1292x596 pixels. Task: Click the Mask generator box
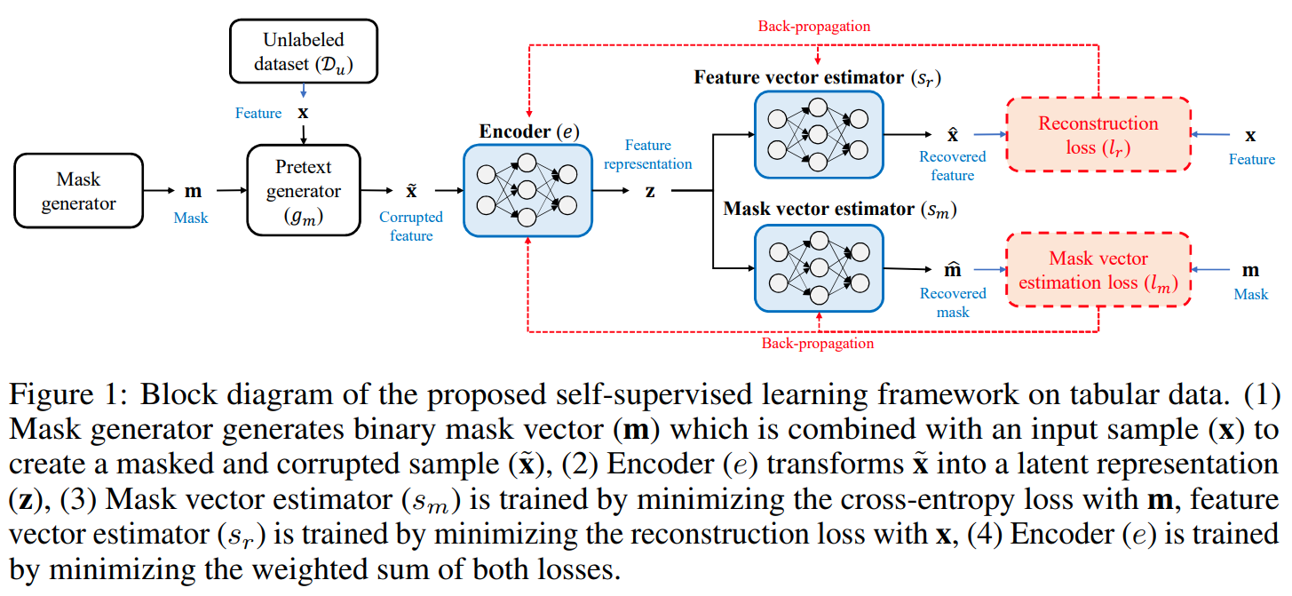point(78,191)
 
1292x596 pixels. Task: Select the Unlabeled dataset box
point(303,52)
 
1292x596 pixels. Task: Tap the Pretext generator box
point(304,191)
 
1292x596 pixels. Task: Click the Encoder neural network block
point(527,191)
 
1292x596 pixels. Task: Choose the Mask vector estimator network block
point(818,267)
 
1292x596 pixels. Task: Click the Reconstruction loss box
point(1098,135)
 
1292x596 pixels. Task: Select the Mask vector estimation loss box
point(1098,270)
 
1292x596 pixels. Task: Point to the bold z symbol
point(650,191)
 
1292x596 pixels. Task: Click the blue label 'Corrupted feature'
point(411,226)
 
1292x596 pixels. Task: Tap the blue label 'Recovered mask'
point(953,302)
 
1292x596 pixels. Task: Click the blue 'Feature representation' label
point(648,154)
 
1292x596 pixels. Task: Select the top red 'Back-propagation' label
point(813,27)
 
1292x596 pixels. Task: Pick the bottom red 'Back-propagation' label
point(817,344)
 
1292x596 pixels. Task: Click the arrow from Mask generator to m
point(161,190)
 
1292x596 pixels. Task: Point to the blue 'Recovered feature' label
point(953,166)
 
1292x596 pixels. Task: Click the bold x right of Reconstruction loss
point(1251,135)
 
